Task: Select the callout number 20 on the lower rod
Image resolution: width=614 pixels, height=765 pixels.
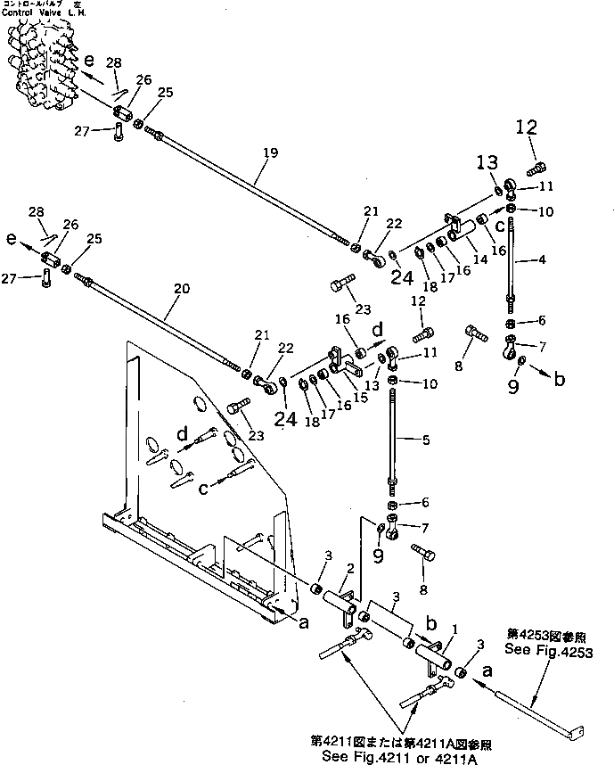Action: point(182,289)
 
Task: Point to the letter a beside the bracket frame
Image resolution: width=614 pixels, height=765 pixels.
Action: point(303,623)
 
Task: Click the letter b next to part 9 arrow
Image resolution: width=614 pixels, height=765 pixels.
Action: point(560,379)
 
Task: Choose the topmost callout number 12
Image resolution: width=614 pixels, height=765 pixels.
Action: point(527,127)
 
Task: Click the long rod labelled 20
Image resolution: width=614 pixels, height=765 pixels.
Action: point(169,322)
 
